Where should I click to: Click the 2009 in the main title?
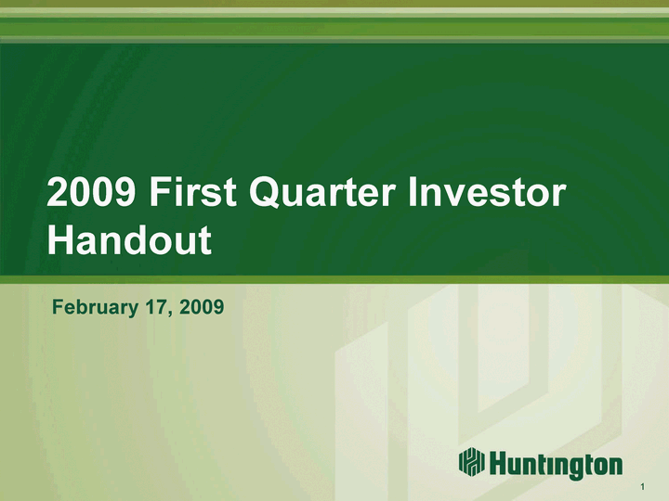(x=91, y=192)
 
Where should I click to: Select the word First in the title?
(x=192, y=192)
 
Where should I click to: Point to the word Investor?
(x=487, y=192)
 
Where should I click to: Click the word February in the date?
(x=95, y=307)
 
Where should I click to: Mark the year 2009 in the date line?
(x=202, y=307)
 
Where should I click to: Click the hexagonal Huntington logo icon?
(x=472, y=461)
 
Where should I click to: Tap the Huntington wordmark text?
(x=556, y=464)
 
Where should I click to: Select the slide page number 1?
(x=643, y=487)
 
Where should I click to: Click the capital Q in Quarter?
(x=266, y=193)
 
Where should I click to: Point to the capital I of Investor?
(x=413, y=192)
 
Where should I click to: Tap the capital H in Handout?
(x=61, y=239)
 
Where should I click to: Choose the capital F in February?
(x=58, y=307)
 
